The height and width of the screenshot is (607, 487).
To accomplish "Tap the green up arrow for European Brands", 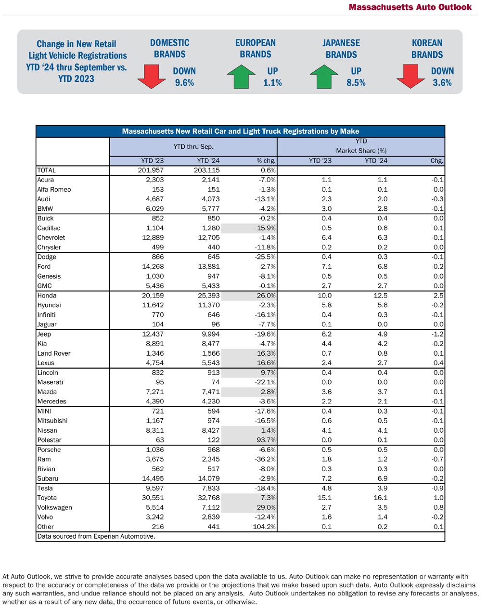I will coord(244,77).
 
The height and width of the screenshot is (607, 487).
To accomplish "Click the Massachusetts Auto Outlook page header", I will coord(410,7).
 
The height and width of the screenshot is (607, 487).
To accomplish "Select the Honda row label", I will coord(47,296).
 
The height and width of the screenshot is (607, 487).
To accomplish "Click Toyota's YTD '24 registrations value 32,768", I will coord(208,498).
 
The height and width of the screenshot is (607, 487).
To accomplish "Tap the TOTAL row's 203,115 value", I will coord(208,170).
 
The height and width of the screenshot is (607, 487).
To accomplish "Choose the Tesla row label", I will coord(46,488).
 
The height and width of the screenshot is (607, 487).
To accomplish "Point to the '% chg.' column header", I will coord(266,161).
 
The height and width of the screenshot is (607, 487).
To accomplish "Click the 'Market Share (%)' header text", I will coord(361,151).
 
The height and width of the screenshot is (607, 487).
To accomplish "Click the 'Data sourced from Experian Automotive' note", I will coord(96,536).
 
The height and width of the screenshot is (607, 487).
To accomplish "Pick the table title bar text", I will coord(240,131).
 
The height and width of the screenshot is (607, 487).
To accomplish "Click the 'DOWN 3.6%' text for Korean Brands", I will coord(442,77).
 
